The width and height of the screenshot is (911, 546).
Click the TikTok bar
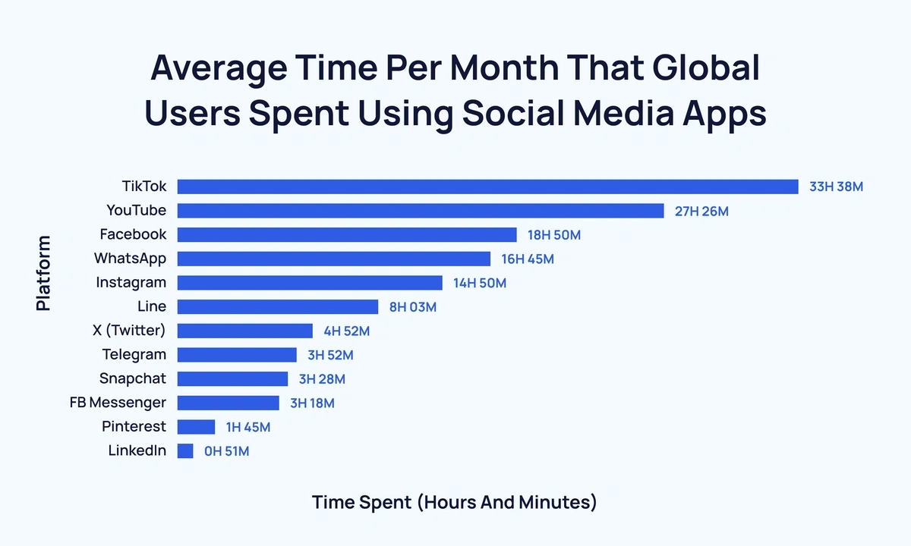coord(487,187)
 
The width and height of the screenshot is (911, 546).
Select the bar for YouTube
coord(421,211)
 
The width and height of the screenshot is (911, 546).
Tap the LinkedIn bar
coord(185,451)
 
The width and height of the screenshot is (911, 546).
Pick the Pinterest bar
coord(196,427)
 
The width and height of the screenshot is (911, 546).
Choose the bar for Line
coord(277,307)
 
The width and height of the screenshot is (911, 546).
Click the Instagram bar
coord(310,283)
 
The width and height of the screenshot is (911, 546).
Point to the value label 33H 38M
coord(836,187)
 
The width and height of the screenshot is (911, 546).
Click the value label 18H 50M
coord(554,235)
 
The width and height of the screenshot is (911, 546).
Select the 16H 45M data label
coord(528,259)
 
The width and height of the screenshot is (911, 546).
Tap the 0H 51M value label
coord(226,451)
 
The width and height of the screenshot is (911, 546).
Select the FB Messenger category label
coord(118,403)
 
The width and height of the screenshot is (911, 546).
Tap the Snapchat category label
coord(133,378)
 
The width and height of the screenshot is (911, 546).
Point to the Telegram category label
coord(134,355)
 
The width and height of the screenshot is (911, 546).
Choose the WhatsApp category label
coord(130,259)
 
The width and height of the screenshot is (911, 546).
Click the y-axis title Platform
coord(43,273)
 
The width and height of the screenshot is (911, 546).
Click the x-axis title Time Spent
coord(454,503)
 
